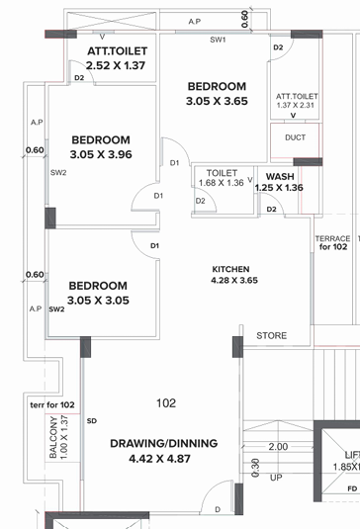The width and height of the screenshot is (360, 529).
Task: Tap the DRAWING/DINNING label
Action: click(x=163, y=443)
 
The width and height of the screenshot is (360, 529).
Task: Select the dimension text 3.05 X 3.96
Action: click(x=101, y=155)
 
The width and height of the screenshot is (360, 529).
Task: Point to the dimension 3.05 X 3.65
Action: click(x=216, y=101)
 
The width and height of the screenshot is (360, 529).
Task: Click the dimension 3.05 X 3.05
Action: click(x=98, y=300)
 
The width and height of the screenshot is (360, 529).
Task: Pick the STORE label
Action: click(x=272, y=336)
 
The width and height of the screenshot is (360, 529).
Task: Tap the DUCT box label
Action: click(x=295, y=138)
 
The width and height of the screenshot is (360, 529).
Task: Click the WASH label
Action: click(x=280, y=176)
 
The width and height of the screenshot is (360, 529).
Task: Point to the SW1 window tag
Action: click(x=218, y=41)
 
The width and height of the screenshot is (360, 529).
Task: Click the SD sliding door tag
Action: click(x=91, y=421)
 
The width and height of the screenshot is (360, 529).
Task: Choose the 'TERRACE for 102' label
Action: click(x=332, y=243)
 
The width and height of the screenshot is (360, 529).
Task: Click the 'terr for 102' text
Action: click(x=53, y=405)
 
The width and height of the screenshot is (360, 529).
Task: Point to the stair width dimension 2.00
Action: click(x=278, y=447)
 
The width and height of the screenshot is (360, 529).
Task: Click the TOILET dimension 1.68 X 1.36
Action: click(x=221, y=182)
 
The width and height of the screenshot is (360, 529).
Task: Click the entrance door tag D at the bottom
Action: click(x=218, y=509)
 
